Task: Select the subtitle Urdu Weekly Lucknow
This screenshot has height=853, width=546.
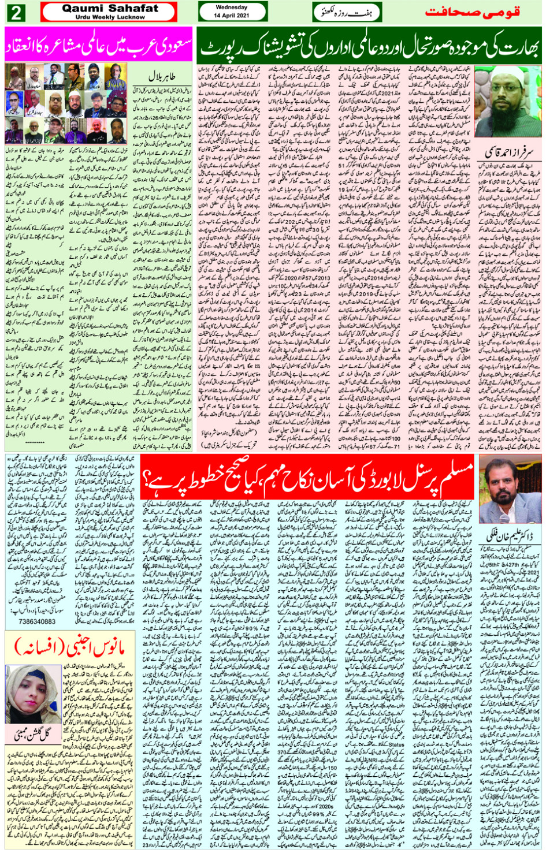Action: [x=110, y=17]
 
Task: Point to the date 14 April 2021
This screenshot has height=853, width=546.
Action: [x=232, y=16]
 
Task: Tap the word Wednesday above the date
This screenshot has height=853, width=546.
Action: [x=232, y=8]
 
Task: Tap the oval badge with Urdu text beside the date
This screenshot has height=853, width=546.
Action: [x=347, y=12]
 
